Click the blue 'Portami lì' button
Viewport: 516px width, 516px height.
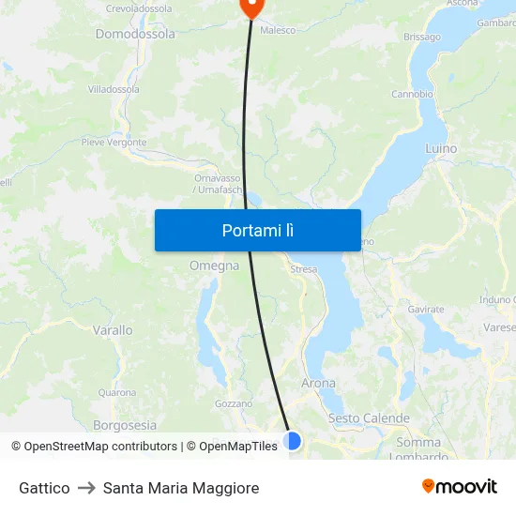(257, 230)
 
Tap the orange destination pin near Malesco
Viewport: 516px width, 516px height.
(251, 6)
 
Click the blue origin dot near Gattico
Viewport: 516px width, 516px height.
(293, 440)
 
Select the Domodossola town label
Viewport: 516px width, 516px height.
(135, 34)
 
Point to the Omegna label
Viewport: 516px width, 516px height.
(214, 266)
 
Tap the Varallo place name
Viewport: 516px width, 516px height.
(113, 330)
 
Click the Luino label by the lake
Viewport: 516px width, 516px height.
(440, 148)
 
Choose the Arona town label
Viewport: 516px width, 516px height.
(318, 383)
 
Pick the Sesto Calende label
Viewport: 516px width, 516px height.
(369, 417)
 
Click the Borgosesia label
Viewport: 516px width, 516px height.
(125, 424)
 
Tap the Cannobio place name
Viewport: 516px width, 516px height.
(412, 94)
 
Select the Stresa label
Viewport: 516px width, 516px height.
(304, 269)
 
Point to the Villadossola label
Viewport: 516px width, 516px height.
(114, 89)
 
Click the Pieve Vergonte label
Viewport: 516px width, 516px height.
(114, 143)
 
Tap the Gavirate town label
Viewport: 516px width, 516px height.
(426, 309)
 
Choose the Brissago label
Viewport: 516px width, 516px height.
(421, 37)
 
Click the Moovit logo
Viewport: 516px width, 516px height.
(460, 486)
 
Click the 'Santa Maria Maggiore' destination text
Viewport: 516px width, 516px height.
(181, 488)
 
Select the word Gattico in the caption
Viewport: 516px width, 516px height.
(44, 488)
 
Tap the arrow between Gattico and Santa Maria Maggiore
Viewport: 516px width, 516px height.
(86, 488)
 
